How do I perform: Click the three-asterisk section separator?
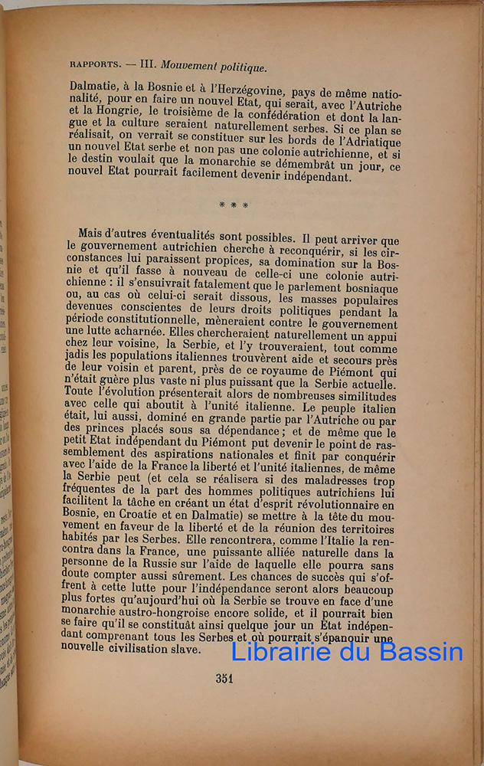(x=233, y=205)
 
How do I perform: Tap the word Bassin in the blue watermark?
(x=420, y=651)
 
